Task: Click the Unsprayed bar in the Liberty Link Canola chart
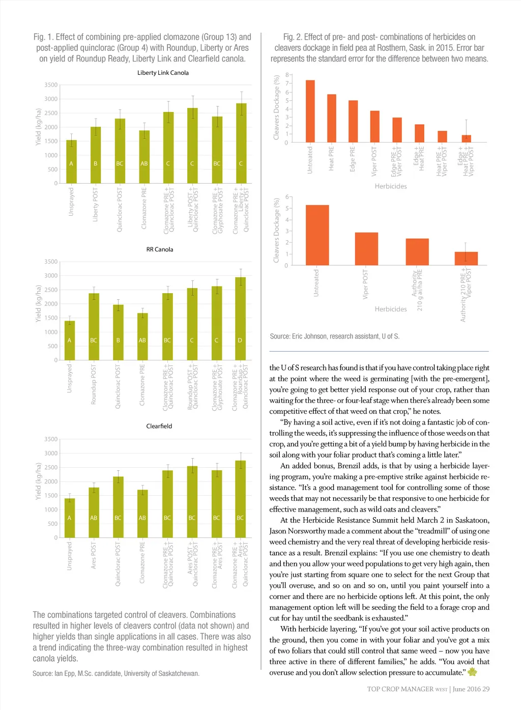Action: pos(71,162)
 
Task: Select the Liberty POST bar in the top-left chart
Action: pos(96,155)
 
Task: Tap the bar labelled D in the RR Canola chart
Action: pos(240,319)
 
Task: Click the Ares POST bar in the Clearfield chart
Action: pos(94,513)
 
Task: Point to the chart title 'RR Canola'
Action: pos(160,249)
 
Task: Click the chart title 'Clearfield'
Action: pos(159,426)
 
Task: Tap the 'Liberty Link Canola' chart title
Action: pos(163,73)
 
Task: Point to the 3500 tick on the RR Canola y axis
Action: pos(51,262)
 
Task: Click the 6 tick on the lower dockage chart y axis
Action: pos(287,197)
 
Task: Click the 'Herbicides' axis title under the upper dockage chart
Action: pos(391,186)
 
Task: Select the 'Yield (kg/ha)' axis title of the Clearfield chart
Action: pos(38,481)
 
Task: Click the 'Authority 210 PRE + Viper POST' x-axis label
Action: pos(466,295)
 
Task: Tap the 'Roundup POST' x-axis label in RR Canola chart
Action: pos(94,384)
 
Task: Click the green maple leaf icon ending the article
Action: pos(472,672)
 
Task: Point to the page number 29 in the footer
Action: pos(486,689)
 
